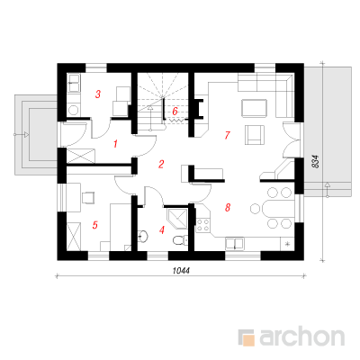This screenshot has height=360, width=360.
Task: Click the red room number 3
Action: tap(98, 94)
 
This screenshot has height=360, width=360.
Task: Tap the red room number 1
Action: tap(115, 144)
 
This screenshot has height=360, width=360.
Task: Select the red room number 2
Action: tap(161, 164)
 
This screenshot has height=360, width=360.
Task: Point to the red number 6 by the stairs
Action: tap(175, 112)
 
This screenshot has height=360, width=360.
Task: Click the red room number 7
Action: tap(228, 135)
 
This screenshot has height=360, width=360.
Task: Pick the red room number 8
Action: tap(228, 207)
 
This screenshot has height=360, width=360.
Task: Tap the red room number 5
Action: tap(95, 225)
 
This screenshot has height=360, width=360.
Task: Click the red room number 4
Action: tap(162, 230)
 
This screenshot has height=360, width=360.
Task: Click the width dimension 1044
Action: tap(181, 271)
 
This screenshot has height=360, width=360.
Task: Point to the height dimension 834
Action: tap(315, 161)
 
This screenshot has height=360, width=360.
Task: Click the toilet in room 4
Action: tap(181, 239)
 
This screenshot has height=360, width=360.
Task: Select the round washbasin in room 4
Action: tap(143, 236)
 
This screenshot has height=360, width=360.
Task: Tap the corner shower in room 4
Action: tap(177, 218)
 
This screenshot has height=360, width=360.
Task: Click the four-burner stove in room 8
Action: tap(202, 225)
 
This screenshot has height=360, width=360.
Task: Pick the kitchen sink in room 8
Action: tap(235, 243)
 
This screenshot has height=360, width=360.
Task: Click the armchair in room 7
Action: tap(255, 135)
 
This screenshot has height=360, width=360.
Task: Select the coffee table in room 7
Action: tap(254, 108)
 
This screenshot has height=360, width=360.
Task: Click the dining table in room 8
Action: tap(277, 208)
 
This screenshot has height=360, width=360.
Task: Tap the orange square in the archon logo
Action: tap(248, 340)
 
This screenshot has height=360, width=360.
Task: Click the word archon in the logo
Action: tap(302, 337)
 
